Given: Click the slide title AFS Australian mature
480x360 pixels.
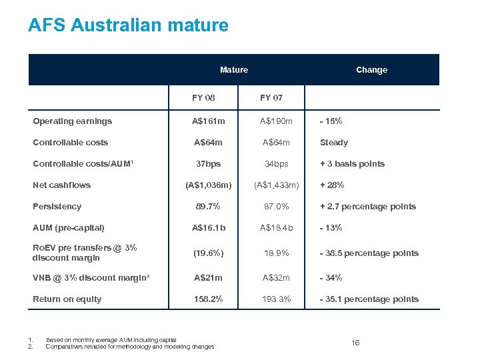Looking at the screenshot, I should point(128,26).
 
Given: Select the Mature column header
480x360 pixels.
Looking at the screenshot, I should point(234,70).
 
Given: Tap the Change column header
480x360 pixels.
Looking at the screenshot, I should point(371,70).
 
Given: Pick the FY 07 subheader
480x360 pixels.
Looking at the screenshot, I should point(271,97).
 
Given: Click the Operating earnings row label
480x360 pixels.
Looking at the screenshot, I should point(73,121).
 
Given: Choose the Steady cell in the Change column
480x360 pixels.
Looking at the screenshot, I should point(334,143).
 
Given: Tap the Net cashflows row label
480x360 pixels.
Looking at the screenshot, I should point(62,185).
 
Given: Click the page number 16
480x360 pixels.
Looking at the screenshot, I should point(355,343).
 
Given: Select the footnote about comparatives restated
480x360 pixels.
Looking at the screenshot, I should point(131,347).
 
